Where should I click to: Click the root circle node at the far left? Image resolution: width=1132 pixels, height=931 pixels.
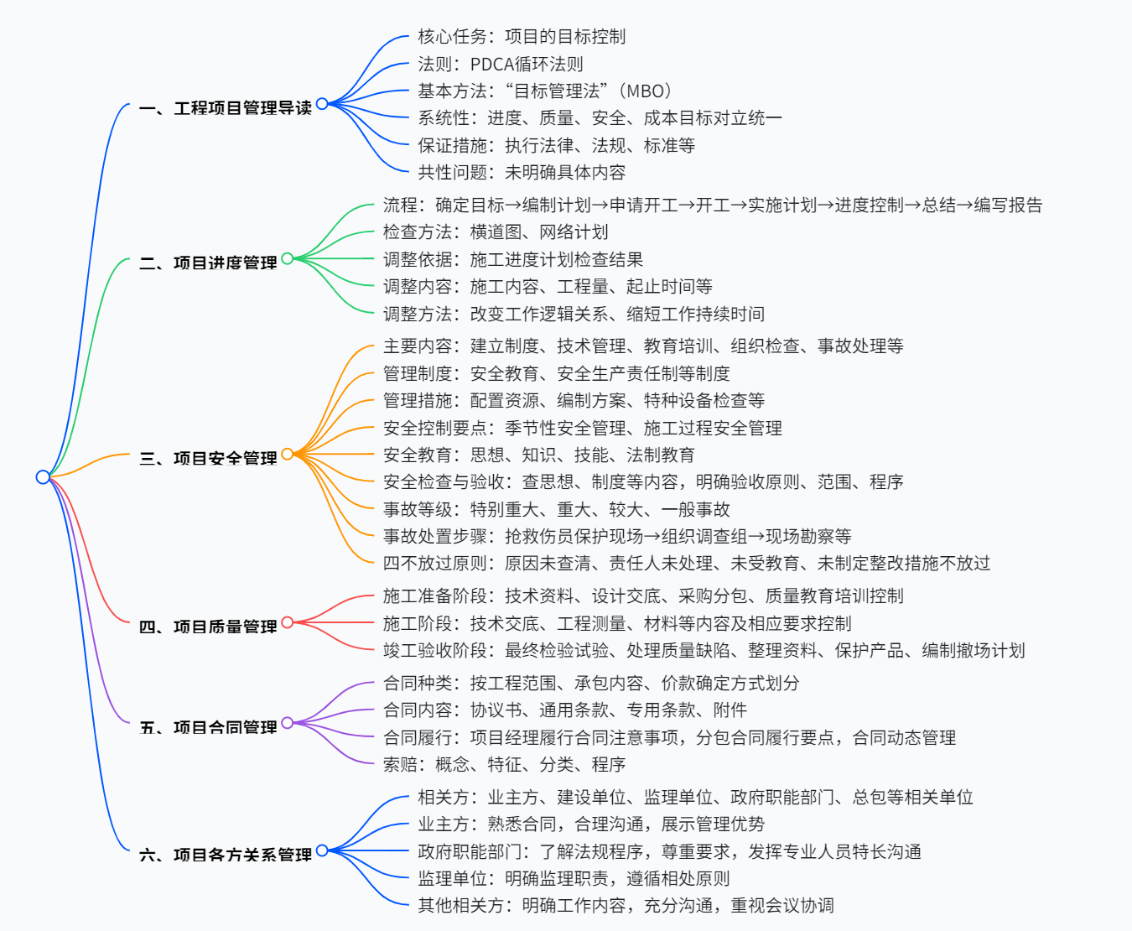pyautogui.click(x=43, y=477)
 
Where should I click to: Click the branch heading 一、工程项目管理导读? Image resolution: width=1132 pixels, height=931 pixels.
pyautogui.click(x=226, y=108)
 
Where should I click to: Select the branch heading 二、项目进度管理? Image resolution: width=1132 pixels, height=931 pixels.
pyautogui.click(x=208, y=263)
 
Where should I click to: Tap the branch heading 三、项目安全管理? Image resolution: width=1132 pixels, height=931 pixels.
pyautogui.click(x=208, y=459)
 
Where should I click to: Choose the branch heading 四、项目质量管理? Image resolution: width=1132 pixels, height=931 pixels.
pyautogui.click(x=208, y=627)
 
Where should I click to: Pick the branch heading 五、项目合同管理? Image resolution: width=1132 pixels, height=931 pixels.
pyautogui.click(x=208, y=728)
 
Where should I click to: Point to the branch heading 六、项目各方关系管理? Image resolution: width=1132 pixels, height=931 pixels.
pyautogui.click(x=226, y=856)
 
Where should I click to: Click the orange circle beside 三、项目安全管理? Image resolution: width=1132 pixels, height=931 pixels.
pyautogui.click(x=288, y=455)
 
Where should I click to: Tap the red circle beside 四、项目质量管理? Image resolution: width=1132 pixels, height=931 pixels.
pyautogui.click(x=288, y=622)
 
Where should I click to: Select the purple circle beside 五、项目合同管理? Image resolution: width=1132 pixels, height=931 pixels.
pyautogui.click(x=288, y=723)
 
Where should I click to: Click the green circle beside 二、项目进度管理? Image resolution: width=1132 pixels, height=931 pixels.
pyautogui.click(x=288, y=258)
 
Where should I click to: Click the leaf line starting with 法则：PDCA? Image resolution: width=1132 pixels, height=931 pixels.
pyautogui.click(x=501, y=65)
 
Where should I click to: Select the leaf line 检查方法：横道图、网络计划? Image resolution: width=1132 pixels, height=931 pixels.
pyautogui.click(x=496, y=232)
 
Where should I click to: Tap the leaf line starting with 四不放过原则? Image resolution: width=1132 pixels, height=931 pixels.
pyautogui.click(x=686, y=564)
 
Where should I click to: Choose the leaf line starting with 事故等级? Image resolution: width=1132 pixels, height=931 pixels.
pyautogui.click(x=556, y=510)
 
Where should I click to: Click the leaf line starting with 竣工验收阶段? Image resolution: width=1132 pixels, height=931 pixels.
pyautogui.click(x=704, y=651)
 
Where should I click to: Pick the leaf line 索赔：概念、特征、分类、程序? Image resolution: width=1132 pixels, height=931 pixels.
pyautogui.click(x=504, y=765)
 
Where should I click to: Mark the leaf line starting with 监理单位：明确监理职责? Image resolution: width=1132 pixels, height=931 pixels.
pyautogui.click(x=574, y=879)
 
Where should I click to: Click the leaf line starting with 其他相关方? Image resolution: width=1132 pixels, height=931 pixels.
pyautogui.click(x=626, y=906)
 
